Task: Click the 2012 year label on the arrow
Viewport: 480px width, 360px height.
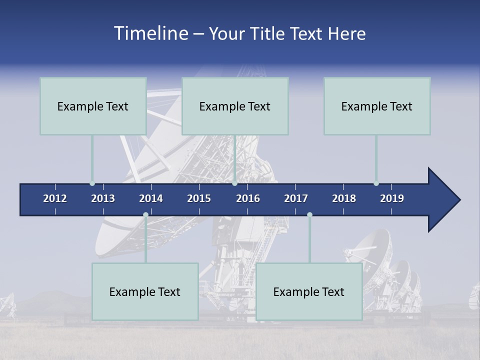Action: click(55, 198)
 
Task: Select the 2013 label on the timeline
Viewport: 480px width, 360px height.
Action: click(103, 198)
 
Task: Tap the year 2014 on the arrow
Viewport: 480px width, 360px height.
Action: click(151, 198)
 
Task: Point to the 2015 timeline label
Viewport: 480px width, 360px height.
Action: click(199, 198)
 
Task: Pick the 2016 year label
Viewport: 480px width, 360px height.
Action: click(248, 198)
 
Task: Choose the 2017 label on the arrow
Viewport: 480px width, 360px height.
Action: click(296, 198)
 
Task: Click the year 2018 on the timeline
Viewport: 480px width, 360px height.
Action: click(344, 198)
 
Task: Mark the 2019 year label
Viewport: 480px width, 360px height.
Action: click(392, 198)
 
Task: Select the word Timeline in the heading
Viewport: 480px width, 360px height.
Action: click(150, 33)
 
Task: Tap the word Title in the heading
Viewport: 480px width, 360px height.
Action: click(269, 33)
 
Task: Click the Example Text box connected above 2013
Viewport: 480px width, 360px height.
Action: click(93, 106)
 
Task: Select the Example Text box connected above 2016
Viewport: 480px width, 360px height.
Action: click(235, 106)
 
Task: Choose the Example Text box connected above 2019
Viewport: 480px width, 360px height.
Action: click(377, 106)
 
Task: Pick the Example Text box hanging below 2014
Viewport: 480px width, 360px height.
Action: click(145, 291)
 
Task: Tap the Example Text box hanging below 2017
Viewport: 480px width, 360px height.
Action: click(309, 291)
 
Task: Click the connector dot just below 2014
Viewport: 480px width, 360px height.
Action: click(145, 215)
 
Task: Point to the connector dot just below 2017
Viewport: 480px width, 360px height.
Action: click(309, 215)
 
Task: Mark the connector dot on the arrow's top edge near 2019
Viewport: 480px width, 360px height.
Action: click(376, 183)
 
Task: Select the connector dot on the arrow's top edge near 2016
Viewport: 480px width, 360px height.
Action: click(234, 183)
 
